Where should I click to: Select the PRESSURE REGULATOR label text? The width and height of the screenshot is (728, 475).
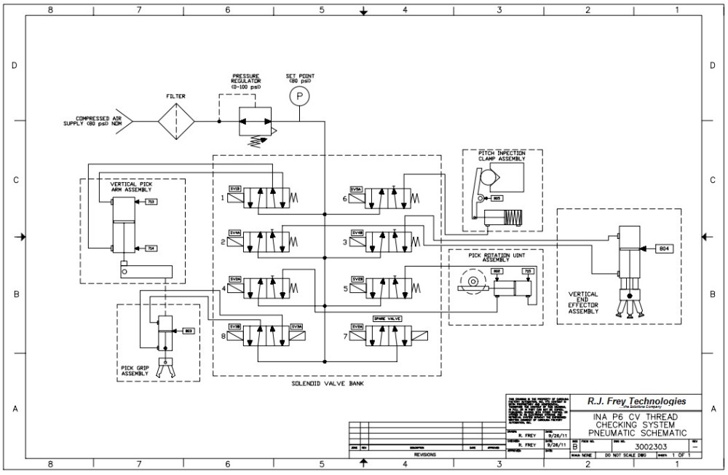[x=246, y=81]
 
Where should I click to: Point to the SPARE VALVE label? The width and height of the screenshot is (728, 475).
[x=387, y=319]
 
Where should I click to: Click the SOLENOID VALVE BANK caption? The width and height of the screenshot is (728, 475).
[x=326, y=383]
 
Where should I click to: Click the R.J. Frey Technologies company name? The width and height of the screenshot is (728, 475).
[x=636, y=401]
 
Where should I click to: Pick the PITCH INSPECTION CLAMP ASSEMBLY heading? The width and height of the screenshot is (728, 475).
[x=502, y=155]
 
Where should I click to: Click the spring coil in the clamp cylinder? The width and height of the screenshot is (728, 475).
[x=515, y=217]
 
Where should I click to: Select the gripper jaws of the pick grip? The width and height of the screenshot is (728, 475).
[x=167, y=369]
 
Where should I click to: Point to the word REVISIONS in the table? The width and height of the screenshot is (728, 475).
[x=424, y=454]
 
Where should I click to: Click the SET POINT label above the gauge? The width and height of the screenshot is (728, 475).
[x=299, y=77]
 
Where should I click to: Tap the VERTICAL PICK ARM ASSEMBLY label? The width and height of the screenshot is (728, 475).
[x=131, y=187]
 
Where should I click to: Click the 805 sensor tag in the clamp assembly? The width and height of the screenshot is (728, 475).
[x=498, y=198]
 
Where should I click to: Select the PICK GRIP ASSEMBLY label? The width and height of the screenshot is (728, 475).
[x=135, y=371]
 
